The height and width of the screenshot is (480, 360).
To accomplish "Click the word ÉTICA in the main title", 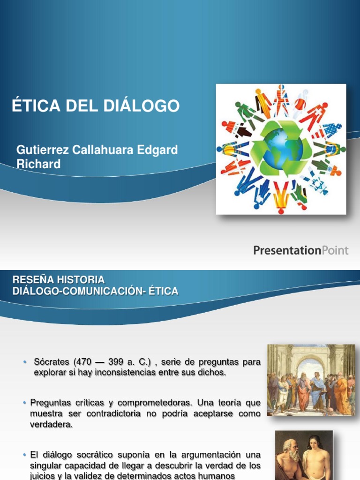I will coord(37,106).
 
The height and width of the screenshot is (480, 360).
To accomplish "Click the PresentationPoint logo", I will coord(300,250).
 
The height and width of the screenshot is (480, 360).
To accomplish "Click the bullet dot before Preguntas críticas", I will coord(25,403).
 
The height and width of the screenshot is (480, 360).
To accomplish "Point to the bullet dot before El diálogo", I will coord(25,455).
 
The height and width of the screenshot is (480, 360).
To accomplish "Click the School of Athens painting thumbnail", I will coord(311,380).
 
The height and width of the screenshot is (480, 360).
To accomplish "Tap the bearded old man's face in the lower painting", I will coord(289,448).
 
